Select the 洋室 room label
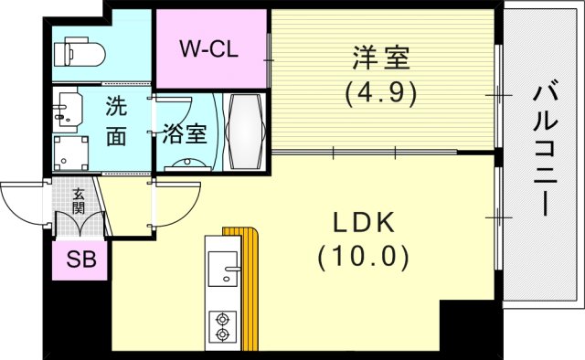381,60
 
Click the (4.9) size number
381,92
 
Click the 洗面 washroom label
115,120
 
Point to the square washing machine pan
70,153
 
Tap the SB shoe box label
80,261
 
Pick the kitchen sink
222,270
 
